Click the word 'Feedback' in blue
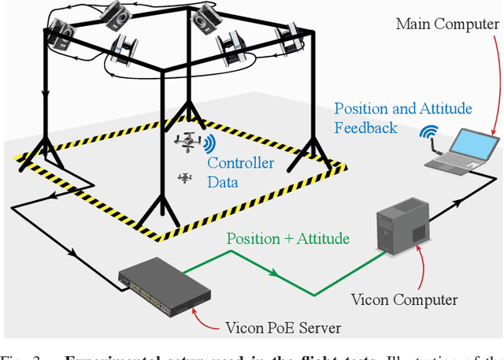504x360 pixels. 366,127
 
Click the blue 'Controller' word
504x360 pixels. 241,163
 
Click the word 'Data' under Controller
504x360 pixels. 223,182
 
